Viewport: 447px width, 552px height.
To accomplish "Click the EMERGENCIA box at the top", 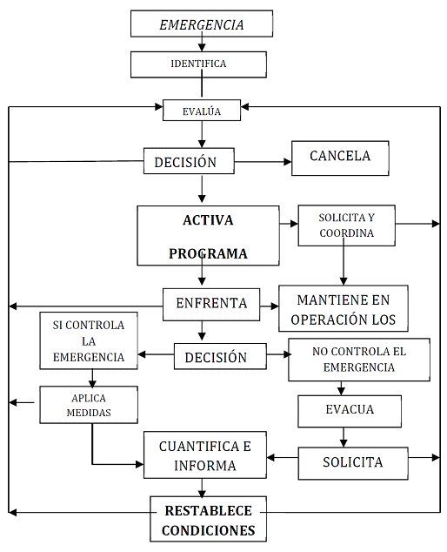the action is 202,24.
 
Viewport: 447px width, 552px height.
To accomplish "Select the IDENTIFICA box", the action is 198,64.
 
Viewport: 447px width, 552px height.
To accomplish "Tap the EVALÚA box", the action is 202,111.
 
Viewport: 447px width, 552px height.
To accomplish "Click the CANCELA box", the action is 340,158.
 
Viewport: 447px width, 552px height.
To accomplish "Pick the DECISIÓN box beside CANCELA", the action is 189,161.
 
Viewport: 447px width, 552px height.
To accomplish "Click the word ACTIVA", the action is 208,220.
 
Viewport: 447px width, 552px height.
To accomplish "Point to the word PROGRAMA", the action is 208,253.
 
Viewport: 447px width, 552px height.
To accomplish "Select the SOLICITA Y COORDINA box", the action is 346,226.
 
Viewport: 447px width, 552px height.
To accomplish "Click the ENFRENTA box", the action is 211,305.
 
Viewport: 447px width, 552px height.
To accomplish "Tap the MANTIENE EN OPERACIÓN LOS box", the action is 344,308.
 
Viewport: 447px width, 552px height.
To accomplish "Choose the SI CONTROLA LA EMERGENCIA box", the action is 89,340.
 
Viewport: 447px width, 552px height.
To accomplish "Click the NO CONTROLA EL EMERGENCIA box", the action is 359,360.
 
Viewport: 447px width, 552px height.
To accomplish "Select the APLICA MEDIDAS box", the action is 89,405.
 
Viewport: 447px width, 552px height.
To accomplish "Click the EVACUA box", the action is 350,411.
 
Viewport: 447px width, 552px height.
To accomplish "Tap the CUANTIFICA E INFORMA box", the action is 205,454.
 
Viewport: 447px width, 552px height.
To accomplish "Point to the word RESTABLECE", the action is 208,511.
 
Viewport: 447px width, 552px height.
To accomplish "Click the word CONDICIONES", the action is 208,530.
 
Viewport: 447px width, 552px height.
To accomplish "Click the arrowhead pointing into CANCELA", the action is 288,162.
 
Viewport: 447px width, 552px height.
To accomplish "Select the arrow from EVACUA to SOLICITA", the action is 344,437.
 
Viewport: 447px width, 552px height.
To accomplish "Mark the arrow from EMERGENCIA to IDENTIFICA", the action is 202,42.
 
